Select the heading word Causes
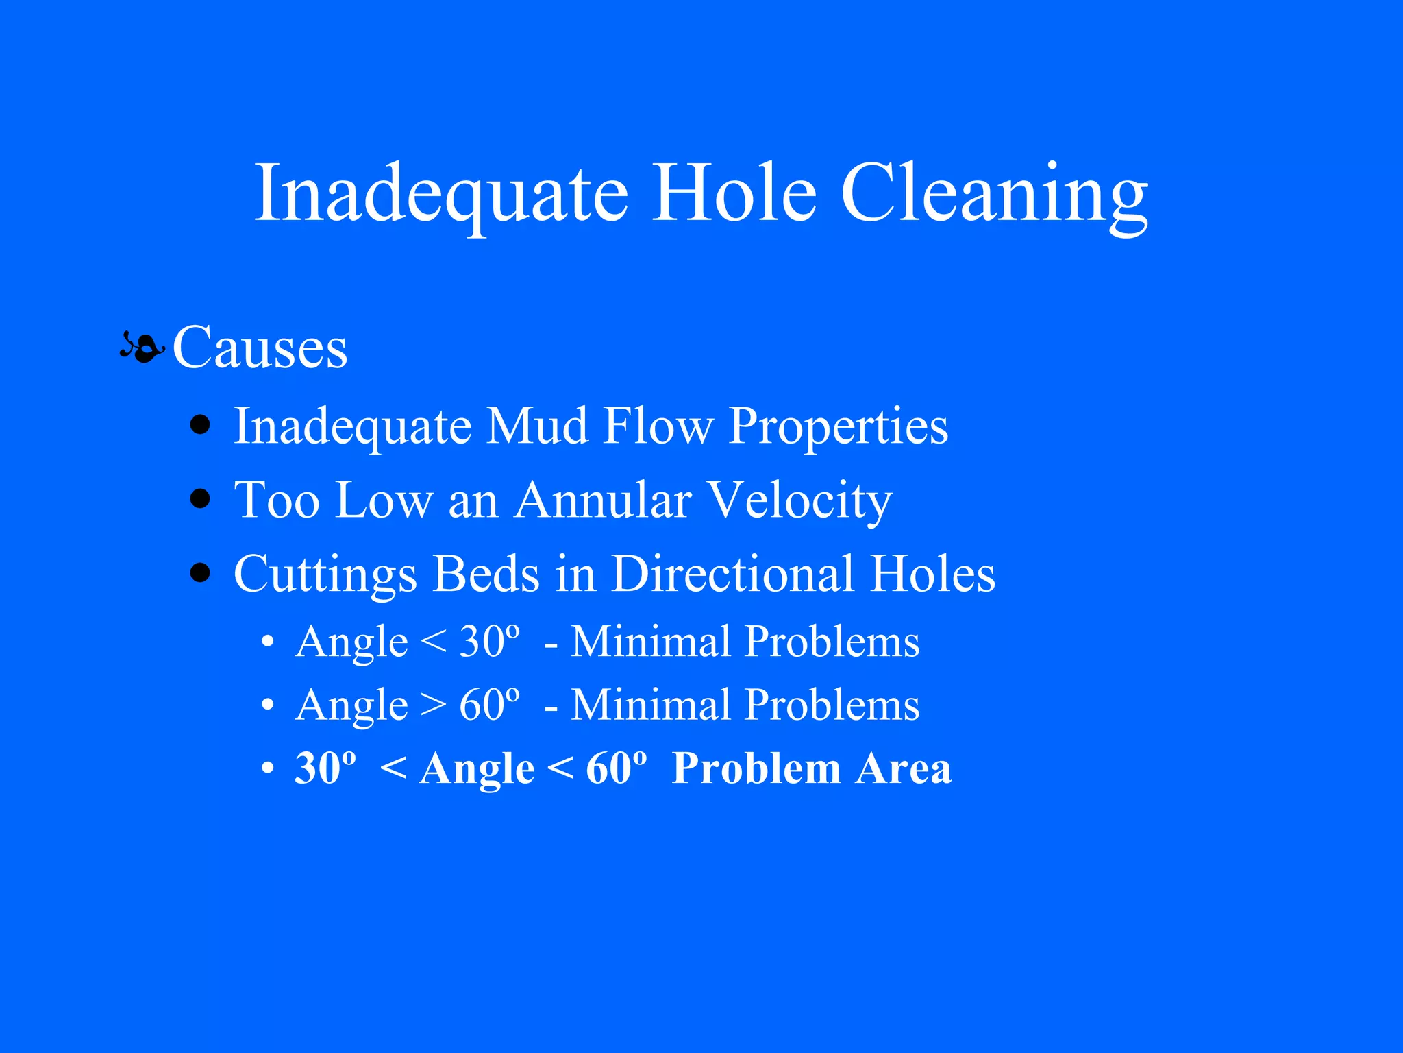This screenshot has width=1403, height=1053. pyautogui.click(x=260, y=348)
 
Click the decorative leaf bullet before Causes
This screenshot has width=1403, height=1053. pyautogui.click(x=142, y=348)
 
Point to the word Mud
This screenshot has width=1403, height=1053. pyautogui.click(x=537, y=426)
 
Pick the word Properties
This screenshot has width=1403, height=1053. pyautogui.click(x=838, y=426)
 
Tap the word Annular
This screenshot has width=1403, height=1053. pyautogui.click(x=603, y=500)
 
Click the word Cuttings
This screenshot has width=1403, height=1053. pyautogui.click(x=325, y=574)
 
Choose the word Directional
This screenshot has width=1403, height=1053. pyautogui.click(x=732, y=574)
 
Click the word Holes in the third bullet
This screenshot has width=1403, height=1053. pyautogui.click(x=933, y=574)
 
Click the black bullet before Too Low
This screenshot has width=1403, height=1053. pyautogui.click(x=200, y=498)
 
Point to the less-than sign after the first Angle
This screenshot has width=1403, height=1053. pyautogui.click(x=433, y=642)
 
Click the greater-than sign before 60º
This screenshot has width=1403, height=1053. pyautogui.click(x=433, y=705)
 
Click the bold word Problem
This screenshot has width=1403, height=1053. pyautogui.click(x=756, y=768)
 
